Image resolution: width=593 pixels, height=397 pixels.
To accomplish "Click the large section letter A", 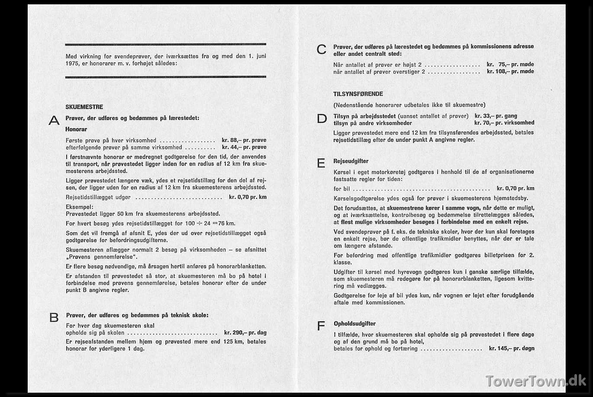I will [54, 121].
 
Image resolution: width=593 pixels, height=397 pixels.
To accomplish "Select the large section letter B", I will [54, 318].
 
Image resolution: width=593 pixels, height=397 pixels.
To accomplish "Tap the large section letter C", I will [322, 50].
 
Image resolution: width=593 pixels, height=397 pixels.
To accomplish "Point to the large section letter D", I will [322, 119].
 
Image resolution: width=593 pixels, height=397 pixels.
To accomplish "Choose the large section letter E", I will [321, 164].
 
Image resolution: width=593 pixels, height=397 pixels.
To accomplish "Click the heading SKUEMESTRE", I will [84, 107].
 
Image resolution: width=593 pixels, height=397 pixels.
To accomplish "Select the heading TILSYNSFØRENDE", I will [358, 94].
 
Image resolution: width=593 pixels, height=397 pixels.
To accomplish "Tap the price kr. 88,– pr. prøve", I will [244, 140].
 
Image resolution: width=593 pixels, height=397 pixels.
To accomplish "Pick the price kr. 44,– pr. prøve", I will [244, 147].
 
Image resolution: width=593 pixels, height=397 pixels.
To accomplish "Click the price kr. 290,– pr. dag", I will [245, 333].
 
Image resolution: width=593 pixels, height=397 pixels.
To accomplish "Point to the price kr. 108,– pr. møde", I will [510, 71].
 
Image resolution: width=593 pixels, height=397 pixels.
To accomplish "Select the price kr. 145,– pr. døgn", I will [512, 349].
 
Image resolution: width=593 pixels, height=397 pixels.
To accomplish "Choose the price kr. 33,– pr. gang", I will [496, 116].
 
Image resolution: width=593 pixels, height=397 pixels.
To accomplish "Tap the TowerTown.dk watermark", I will [535, 381].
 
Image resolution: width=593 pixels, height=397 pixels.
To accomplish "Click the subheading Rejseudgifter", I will [351, 161].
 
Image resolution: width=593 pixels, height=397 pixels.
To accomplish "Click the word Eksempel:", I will [79, 207].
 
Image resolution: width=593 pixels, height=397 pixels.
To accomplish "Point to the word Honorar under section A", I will [76, 129].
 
